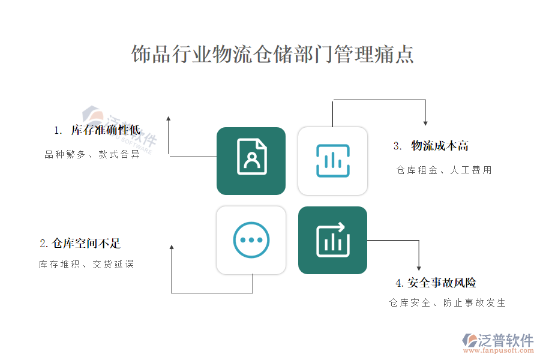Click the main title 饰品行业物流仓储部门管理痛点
tap(272, 54)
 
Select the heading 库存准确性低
tap(106, 130)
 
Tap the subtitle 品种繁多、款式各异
tap(92, 154)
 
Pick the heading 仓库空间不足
tap(86, 243)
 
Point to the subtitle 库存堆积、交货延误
tap(86, 264)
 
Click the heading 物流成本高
tap(440, 146)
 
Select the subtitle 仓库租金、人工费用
tap(444, 170)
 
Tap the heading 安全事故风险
tap(442, 283)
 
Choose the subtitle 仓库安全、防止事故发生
tap(448, 303)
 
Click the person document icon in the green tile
tap(252, 157)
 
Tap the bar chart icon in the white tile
tap(332, 161)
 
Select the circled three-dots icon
tap(251, 240)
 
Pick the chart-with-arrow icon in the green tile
tap(332, 239)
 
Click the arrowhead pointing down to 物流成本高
tap(425, 124)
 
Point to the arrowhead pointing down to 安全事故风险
tap(419, 268)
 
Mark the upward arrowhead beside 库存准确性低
tap(169, 118)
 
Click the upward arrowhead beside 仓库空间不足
tap(172, 247)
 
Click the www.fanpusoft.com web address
tap(498, 350)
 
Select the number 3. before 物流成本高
tap(397, 146)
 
